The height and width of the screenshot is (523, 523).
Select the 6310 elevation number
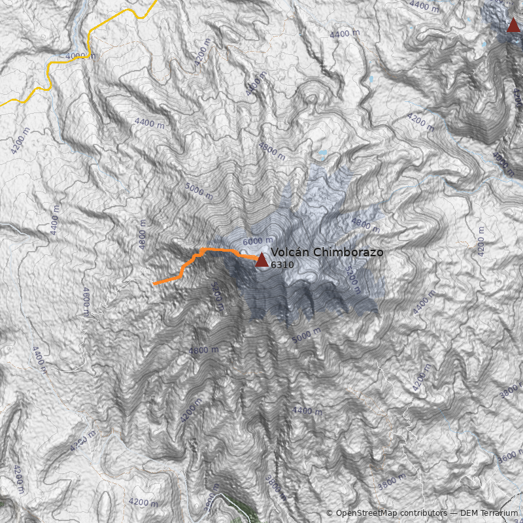tap(282, 265)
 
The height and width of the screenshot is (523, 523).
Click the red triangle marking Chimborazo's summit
tap(261, 260)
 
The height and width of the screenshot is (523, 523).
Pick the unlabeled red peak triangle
tap(513, 25)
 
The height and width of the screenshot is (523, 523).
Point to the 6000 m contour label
tap(257, 240)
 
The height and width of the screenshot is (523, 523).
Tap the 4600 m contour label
tap(85, 301)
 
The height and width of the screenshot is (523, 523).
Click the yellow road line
tap(118, 18)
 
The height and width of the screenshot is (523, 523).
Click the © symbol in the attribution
tap(329, 513)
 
